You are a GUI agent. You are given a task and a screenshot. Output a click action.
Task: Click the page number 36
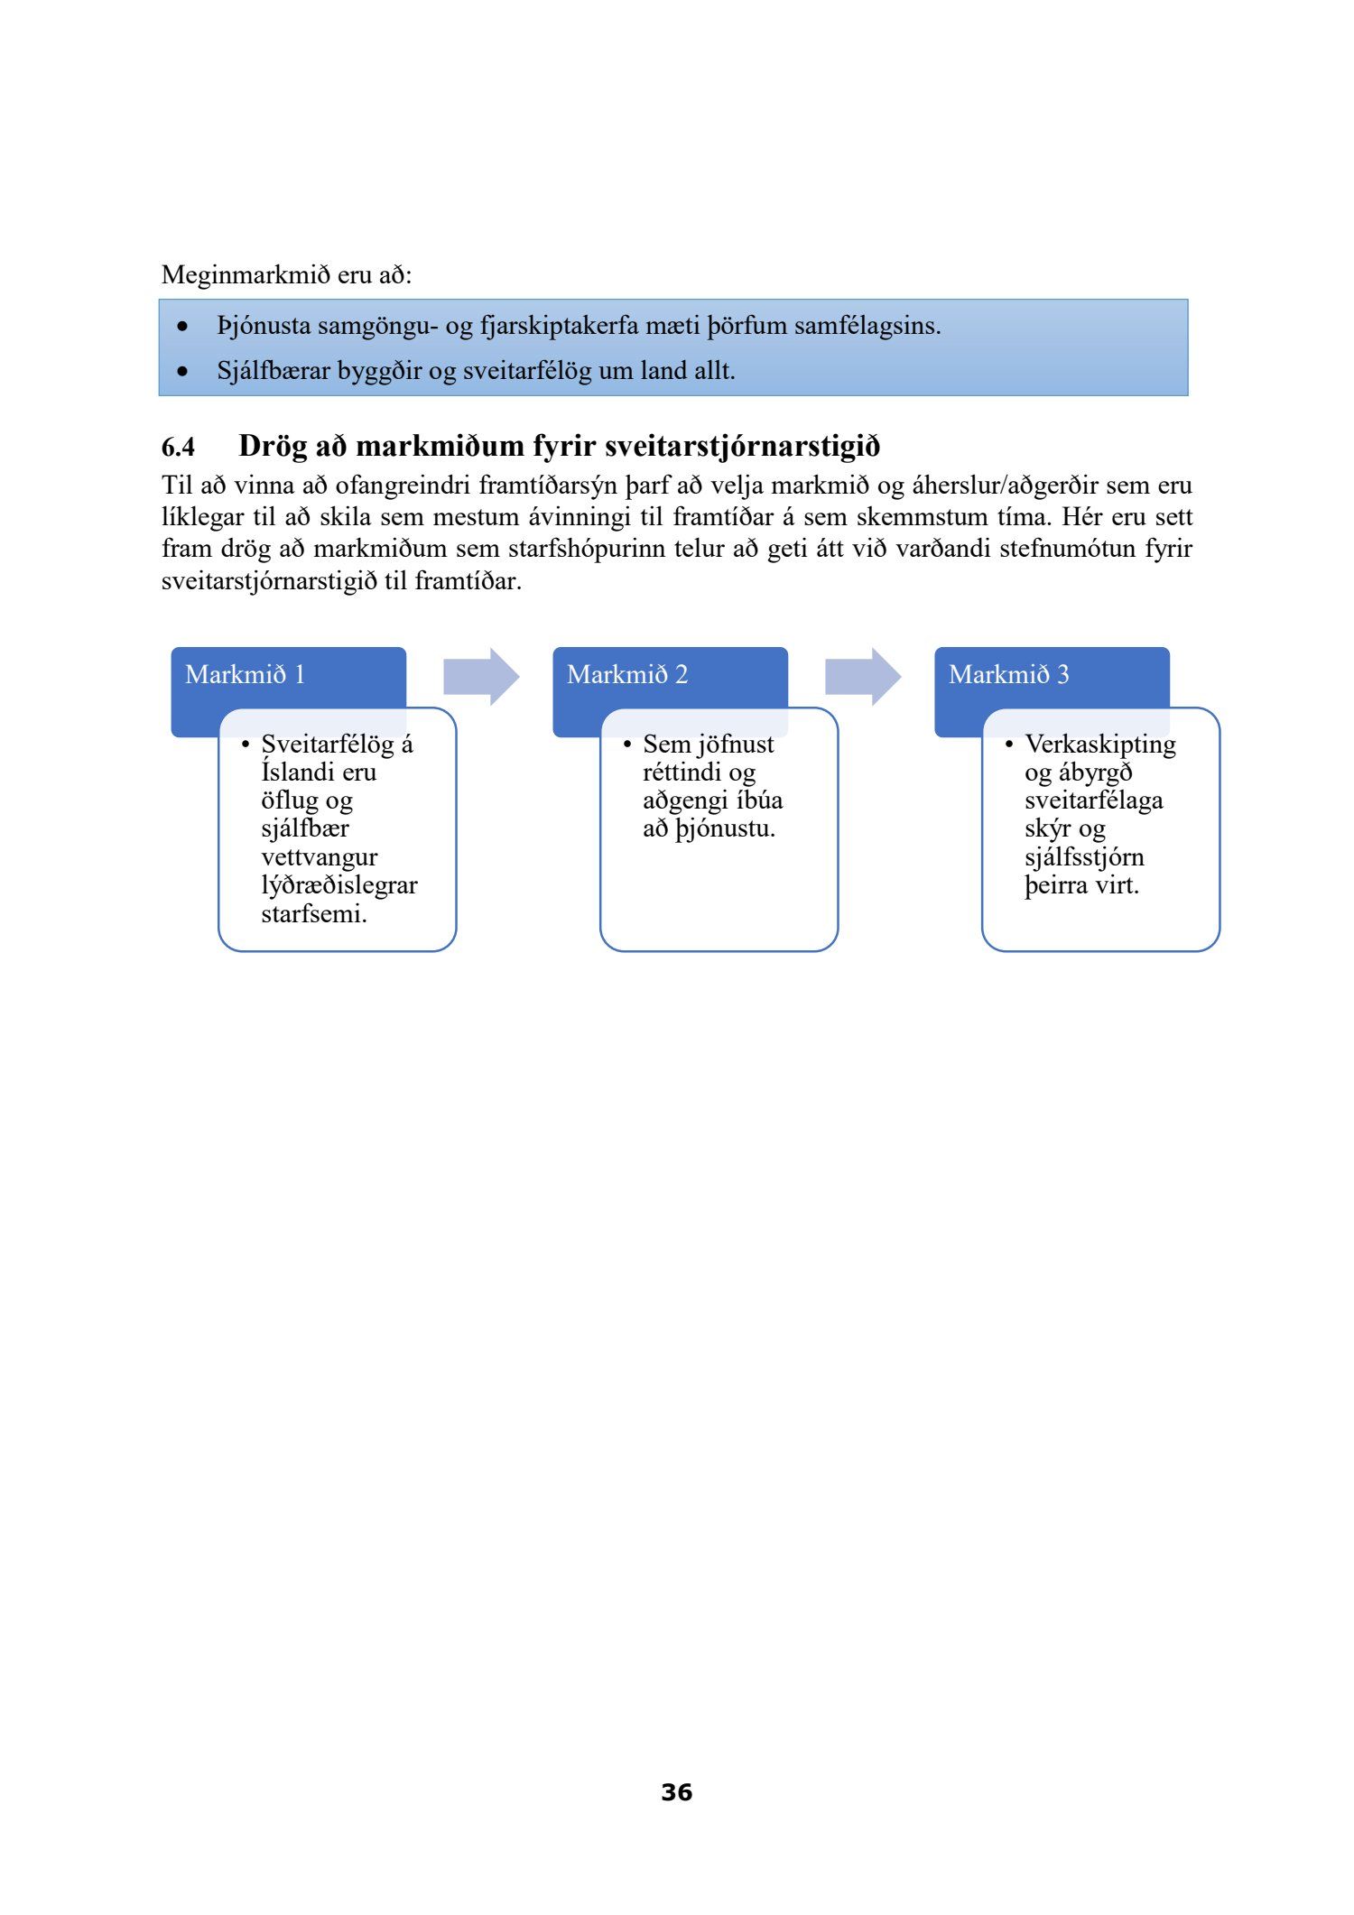coord(676,1791)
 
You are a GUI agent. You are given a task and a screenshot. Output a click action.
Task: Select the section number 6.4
coord(178,447)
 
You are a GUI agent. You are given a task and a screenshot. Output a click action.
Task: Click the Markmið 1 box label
coord(246,674)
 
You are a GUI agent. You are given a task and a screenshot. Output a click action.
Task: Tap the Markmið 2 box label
coord(627,674)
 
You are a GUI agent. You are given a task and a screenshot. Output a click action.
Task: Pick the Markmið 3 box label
coord(1008,674)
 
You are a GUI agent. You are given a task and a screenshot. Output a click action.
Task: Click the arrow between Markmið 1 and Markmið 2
coord(481,676)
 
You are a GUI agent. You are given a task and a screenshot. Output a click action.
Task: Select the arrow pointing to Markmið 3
coord(863,676)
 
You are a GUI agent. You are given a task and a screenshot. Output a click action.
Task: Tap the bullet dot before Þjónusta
coord(184,326)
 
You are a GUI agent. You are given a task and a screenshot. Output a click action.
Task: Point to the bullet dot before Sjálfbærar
coord(184,371)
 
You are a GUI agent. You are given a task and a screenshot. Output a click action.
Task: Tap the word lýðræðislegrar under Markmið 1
coord(339,885)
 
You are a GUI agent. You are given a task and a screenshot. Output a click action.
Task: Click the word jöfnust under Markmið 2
coord(736,745)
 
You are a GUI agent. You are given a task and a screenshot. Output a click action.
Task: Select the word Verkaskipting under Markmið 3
coord(1100,745)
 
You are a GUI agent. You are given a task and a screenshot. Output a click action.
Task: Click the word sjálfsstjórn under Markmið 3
coord(1084,857)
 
